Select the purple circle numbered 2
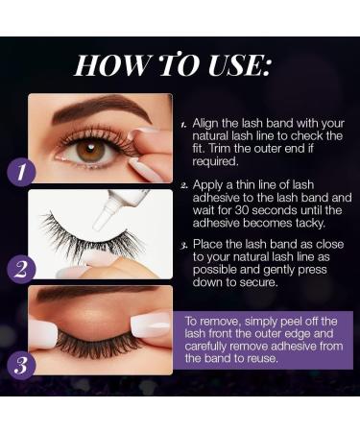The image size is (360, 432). [x=21, y=267]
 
